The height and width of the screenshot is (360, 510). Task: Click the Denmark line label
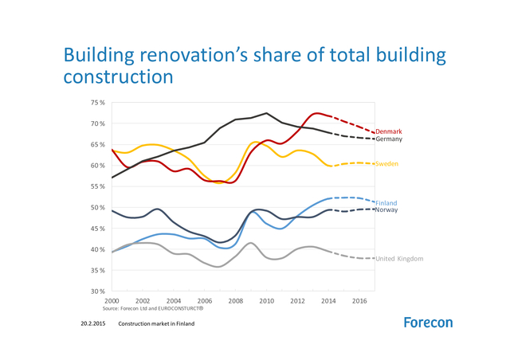[x=388, y=131]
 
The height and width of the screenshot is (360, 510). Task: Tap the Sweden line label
[x=386, y=164]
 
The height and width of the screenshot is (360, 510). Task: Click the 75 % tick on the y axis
[x=97, y=103]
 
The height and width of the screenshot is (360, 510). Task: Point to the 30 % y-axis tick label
[x=97, y=292]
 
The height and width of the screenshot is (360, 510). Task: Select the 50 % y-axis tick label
[x=97, y=208]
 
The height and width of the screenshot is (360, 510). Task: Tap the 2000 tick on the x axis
[x=112, y=301]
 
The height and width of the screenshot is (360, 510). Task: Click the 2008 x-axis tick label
[x=235, y=301]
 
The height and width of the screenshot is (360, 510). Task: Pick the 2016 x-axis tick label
[x=359, y=301]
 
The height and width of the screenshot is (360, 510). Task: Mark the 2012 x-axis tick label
[x=297, y=301]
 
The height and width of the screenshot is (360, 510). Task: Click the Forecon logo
[x=428, y=323]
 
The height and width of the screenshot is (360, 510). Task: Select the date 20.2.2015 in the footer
[x=93, y=324]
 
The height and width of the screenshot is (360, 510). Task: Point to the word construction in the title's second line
[x=118, y=77]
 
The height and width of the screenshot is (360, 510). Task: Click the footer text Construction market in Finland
[x=156, y=324]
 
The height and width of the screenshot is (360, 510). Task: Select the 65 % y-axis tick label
[x=97, y=145]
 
